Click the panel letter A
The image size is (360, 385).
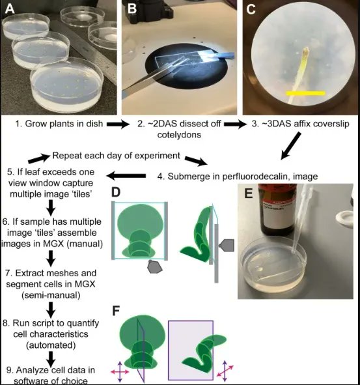point(11,10)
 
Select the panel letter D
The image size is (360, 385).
point(115,193)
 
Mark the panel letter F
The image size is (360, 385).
point(115,310)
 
